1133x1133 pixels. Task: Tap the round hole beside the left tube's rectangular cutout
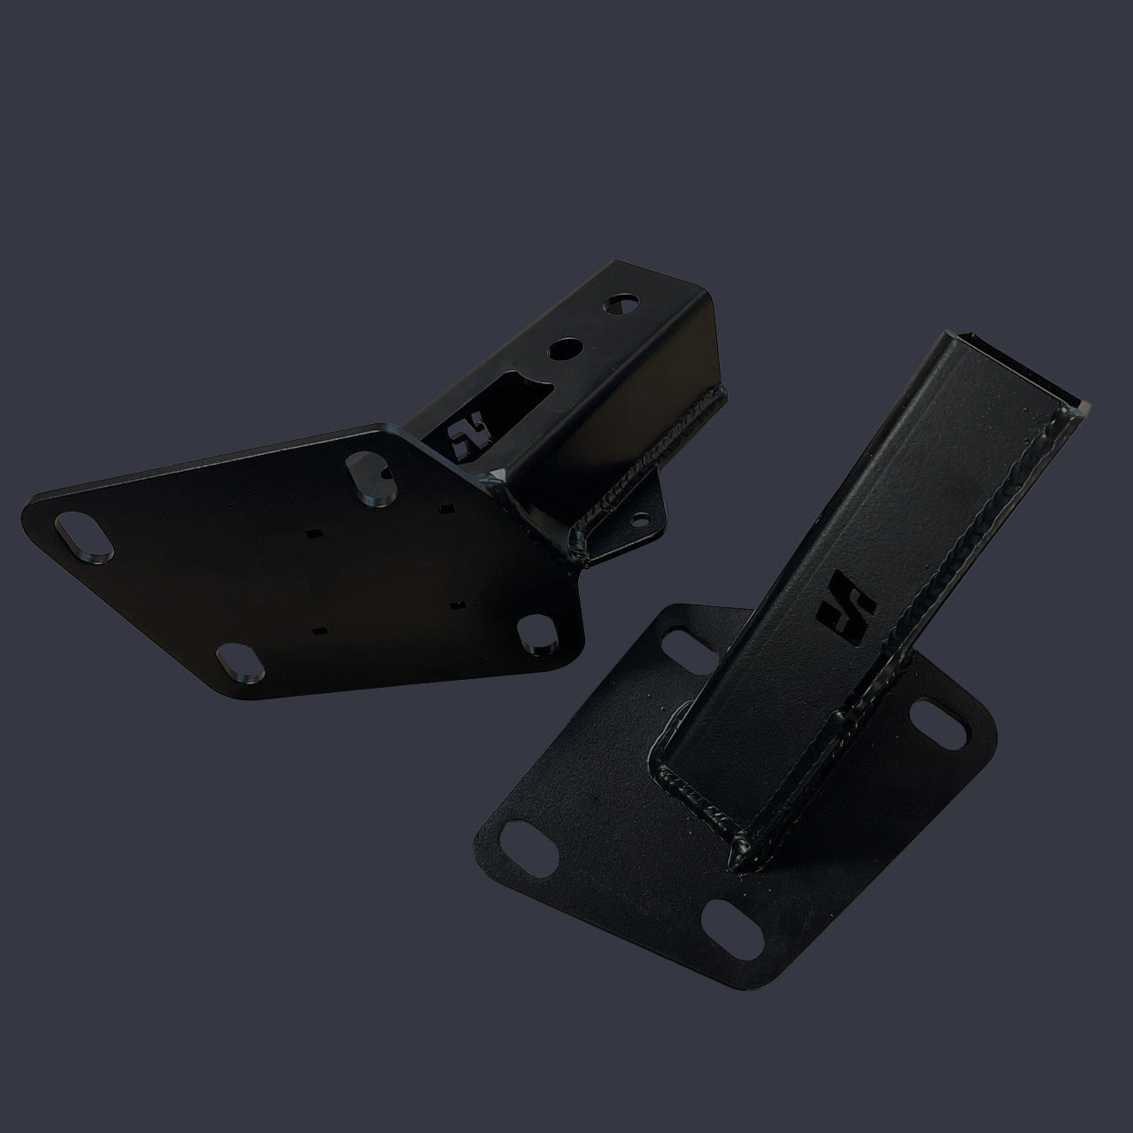561,349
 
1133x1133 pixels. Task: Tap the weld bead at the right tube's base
699,797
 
